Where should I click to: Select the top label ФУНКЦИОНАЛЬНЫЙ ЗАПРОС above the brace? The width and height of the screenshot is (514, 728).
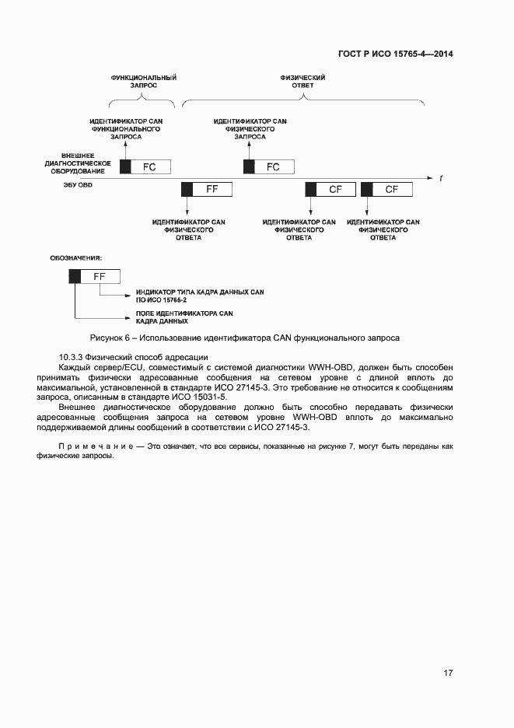coord(143,82)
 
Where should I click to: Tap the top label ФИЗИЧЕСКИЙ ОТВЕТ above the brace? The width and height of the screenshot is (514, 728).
coord(302,82)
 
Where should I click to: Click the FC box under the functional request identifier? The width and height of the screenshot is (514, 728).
coord(149,166)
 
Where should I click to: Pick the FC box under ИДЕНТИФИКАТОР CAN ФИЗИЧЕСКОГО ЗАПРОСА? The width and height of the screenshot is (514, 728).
coord(274,166)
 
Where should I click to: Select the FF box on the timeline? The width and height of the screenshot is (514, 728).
coord(212,190)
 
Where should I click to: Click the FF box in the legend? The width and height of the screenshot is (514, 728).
coord(100,276)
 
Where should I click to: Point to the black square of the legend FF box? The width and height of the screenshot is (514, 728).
coord(75,276)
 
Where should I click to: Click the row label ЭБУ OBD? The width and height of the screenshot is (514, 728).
coord(78,185)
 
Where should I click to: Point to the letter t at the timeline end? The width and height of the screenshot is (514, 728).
coord(441,178)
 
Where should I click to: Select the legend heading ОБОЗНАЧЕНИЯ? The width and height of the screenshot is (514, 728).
coord(77,257)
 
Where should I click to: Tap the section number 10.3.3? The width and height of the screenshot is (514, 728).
coord(73,356)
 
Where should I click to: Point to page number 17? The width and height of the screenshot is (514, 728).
coord(448,673)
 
